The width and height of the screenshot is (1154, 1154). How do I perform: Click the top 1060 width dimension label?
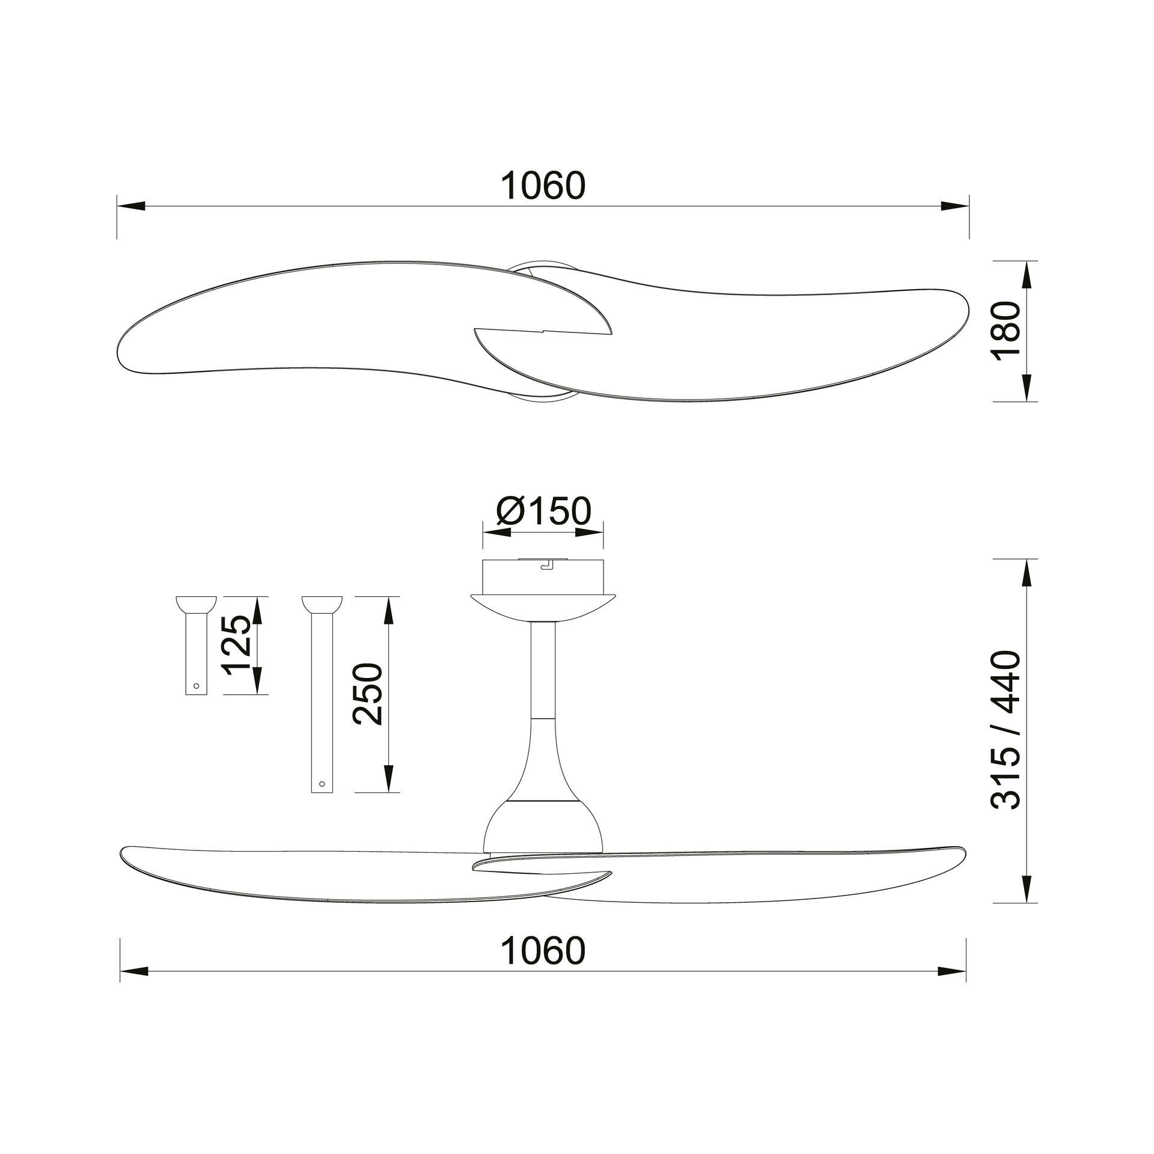tap(543, 186)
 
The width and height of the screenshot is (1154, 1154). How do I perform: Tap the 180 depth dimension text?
tap(1007, 331)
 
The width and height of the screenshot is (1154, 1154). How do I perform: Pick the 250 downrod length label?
tap(367, 694)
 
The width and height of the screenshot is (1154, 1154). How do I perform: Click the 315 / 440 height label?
tap(1007, 730)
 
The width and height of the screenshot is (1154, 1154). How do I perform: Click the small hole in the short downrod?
tap(195, 685)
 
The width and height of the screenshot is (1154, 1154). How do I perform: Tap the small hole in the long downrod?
tap(322, 784)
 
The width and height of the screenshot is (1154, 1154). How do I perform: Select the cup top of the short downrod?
tap(196, 604)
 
